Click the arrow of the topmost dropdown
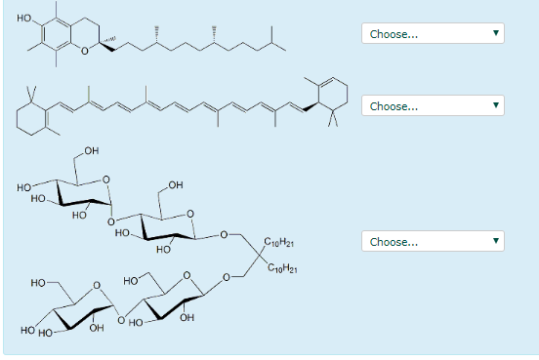(x=496, y=34)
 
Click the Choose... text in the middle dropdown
(x=394, y=105)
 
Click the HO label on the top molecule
(x=24, y=19)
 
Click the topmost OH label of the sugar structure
(x=91, y=151)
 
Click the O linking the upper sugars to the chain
(x=224, y=235)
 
